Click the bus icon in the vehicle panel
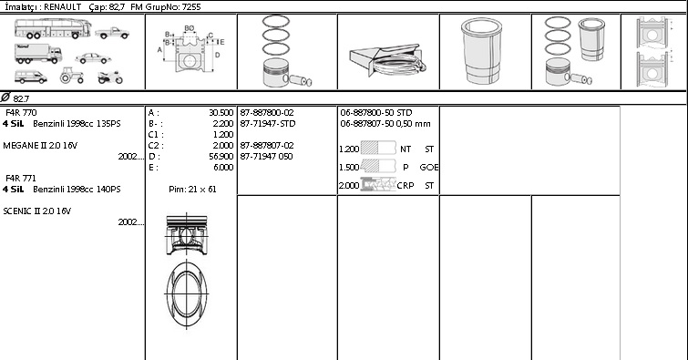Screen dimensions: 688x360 (x=53, y=28)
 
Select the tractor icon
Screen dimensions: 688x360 (x=71, y=75)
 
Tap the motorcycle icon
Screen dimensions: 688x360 (x=110, y=77)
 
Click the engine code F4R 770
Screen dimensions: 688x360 (x=21, y=113)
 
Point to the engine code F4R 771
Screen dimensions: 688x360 (x=21, y=179)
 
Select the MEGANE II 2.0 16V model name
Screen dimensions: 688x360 (x=40, y=146)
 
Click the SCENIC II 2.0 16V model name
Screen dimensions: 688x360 (x=36, y=211)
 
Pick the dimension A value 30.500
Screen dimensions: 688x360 (x=221, y=113)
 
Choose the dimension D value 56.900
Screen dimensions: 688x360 (x=221, y=156)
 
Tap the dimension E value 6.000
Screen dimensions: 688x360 (x=224, y=168)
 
